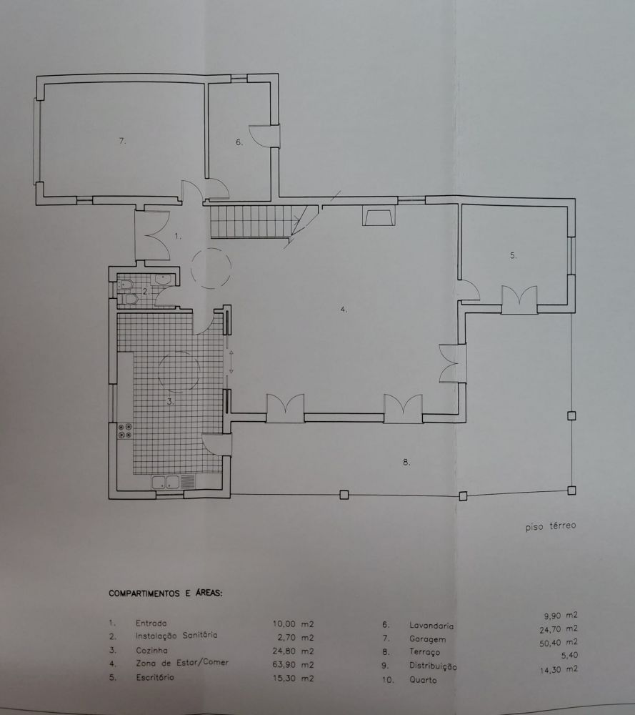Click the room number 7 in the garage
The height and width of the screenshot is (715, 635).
pos(122,141)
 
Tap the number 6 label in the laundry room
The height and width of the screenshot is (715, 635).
pos(239,142)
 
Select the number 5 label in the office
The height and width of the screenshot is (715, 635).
pos(514,256)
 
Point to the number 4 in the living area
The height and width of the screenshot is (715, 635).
pos(344,309)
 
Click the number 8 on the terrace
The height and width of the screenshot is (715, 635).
pos(406,463)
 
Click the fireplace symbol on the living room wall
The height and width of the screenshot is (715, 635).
pos(379,216)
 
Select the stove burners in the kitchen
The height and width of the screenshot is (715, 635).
pos(125,431)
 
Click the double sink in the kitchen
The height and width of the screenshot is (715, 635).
pos(166,482)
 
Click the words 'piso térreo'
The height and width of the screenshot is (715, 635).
pos(551,526)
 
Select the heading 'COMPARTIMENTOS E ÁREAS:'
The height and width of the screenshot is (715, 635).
pos(166,593)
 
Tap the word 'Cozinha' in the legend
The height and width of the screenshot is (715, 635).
pos(151,650)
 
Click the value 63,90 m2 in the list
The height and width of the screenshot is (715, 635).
pos(294,664)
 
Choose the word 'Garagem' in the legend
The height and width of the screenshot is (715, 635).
pos(427,638)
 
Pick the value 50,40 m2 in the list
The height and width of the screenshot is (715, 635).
pos(559,643)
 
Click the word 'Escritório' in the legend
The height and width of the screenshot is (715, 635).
pos(155,677)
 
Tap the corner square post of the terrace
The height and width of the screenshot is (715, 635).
pos(571,490)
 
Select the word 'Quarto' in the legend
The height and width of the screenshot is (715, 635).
pos(423,680)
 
